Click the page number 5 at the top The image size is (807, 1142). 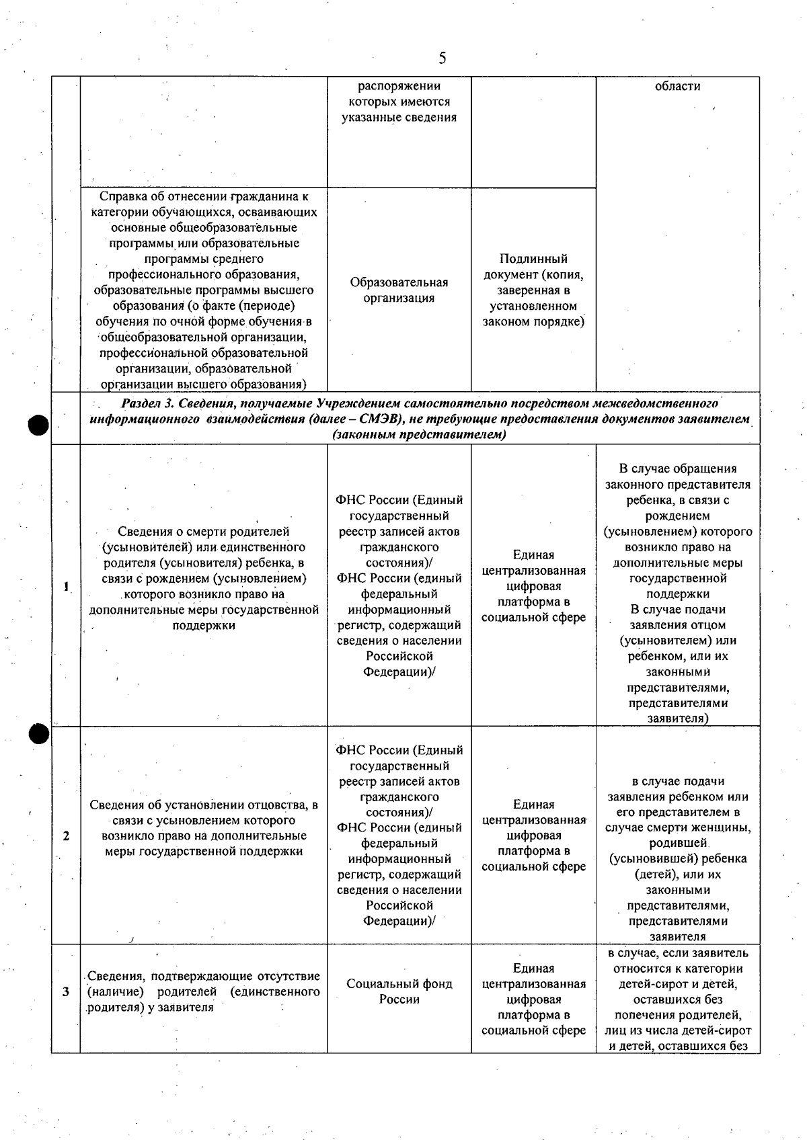click(x=442, y=58)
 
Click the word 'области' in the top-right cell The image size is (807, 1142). click(x=677, y=86)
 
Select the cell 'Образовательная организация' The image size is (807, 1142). click(x=399, y=290)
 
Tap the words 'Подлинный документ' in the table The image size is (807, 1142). click(x=533, y=267)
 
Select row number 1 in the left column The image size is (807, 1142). click(x=66, y=585)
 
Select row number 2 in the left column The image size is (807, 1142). click(x=66, y=835)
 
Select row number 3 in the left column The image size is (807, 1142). click(x=66, y=991)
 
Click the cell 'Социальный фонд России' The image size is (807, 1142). click(x=399, y=991)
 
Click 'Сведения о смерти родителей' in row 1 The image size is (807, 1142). click(x=203, y=532)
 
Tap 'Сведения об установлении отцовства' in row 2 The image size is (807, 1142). click(x=203, y=805)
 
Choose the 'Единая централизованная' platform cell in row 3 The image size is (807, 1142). click(x=533, y=976)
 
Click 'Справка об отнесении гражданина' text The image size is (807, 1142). click(x=203, y=197)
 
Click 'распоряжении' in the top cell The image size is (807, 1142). click(x=399, y=86)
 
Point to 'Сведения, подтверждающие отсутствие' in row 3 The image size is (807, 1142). click(x=203, y=976)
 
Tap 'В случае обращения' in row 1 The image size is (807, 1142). click(x=677, y=468)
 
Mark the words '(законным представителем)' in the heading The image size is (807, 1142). click(x=419, y=435)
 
